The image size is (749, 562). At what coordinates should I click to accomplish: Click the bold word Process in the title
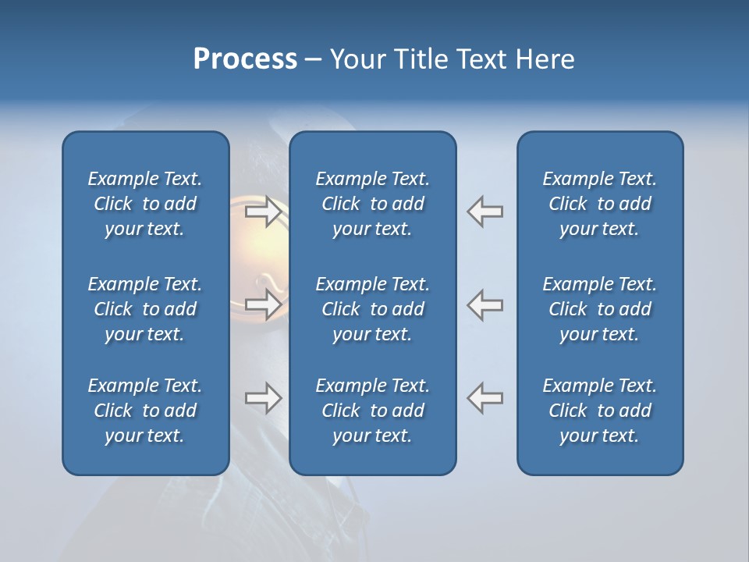245,59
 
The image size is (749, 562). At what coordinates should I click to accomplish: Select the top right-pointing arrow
263,212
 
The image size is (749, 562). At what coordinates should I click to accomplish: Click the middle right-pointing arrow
263,304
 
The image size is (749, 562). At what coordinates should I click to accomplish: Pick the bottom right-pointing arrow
263,398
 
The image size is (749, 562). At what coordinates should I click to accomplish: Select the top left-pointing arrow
485,212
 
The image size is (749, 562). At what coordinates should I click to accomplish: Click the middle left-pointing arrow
485,304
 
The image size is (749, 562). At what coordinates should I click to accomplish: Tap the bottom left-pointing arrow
485,398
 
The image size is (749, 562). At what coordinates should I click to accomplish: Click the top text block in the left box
145,204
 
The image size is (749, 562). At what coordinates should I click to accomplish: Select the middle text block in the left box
145,309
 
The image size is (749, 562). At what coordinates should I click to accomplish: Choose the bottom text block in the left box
145,411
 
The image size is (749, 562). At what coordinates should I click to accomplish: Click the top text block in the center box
372,204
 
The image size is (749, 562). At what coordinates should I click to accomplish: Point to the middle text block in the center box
372,309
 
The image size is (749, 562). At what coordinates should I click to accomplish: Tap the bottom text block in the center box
372,411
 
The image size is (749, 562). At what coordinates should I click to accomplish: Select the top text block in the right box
599,204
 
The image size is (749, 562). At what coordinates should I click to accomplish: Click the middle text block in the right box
599,309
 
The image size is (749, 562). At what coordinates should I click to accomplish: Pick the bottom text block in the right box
599,411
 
